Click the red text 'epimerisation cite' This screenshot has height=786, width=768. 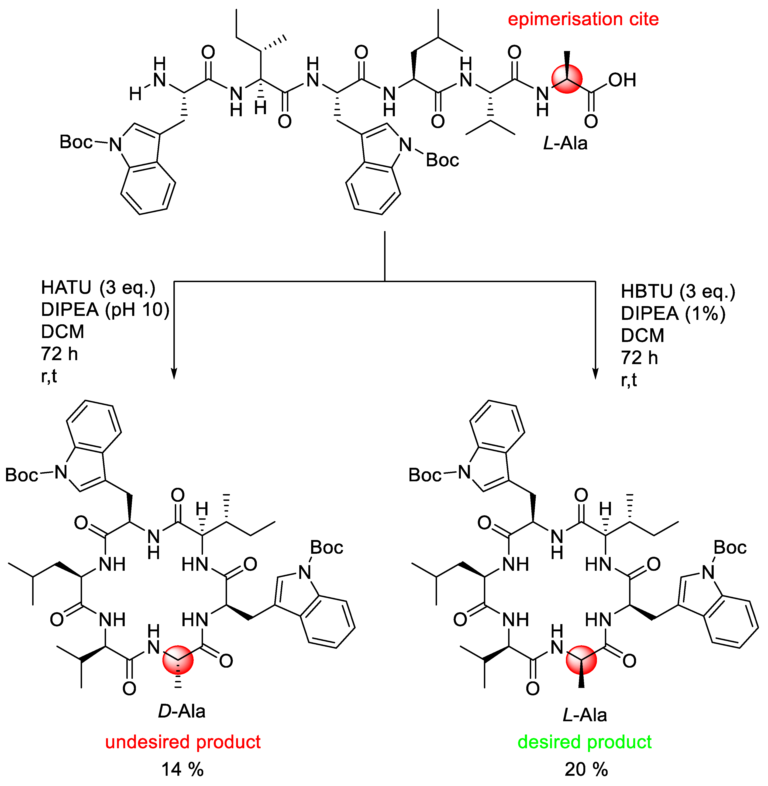[x=583, y=19]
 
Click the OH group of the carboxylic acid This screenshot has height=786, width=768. [x=622, y=80]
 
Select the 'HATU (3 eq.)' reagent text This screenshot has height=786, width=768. [x=98, y=287]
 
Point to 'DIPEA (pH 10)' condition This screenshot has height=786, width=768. [x=105, y=310]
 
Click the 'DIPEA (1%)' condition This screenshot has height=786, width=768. [x=673, y=313]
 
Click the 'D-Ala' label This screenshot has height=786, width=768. [x=182, y=711]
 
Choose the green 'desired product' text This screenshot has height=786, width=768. [x=585, y=742]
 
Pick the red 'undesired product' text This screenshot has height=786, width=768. [x=183, y=742]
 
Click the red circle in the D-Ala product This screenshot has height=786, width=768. [x=178, y=660]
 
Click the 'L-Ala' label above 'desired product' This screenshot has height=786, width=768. [x=585, y=715]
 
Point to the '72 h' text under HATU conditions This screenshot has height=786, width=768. [x=59, y=354]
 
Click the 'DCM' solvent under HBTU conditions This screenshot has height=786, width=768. [x=642, y=335]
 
